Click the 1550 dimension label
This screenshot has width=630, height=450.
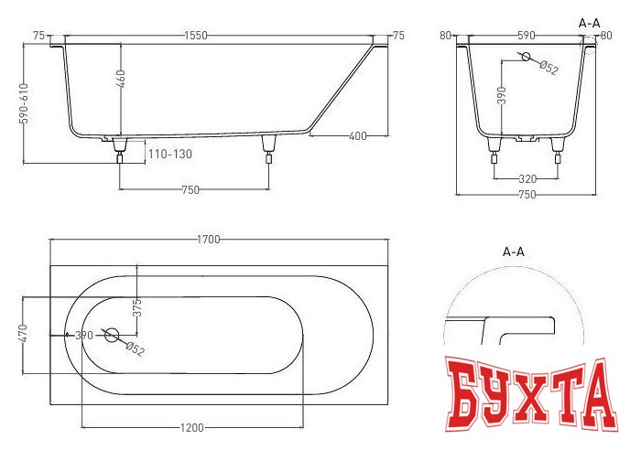pyautogui.click(x=195, y=35)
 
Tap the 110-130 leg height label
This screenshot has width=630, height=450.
pyautogui.click(x=171, y=154)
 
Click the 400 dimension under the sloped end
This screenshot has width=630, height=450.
pyautogui.click(x=358, y=136)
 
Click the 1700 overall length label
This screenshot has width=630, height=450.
pyautogui.click(x=208, y=240)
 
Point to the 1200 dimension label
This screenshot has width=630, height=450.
pyautogui.click(x=192, y=427)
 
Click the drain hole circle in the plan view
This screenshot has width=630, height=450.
pyautogui.click(x=112, y=335)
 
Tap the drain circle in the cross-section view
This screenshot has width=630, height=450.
pyautogui.click(x=527, y=57)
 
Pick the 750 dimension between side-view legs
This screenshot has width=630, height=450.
pyautogui.click(x=192, y=189)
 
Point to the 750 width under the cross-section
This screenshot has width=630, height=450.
pyautogui.click(x=526, y=195)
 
